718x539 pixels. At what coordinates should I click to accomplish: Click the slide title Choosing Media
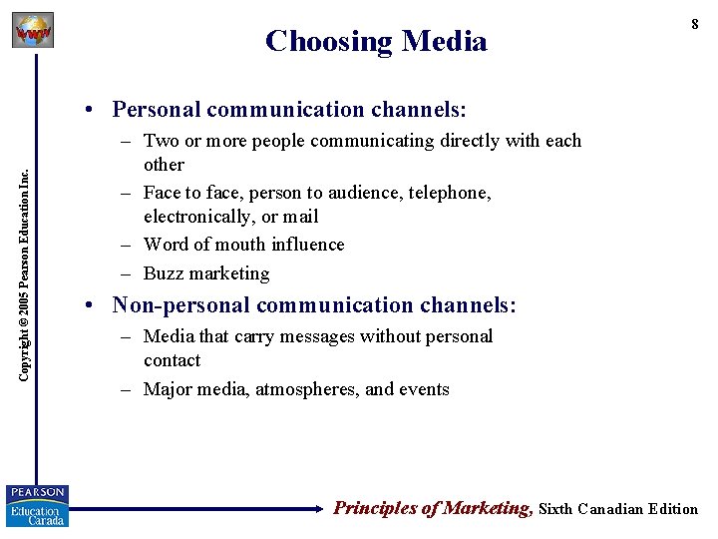coord(376,41)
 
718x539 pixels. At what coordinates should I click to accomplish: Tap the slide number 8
coord(695,25)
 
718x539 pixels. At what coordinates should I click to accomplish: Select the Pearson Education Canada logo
coord(37,505)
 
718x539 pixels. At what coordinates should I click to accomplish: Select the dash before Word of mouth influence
coord(127,245)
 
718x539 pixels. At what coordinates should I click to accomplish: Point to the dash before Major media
coord(127,389)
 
